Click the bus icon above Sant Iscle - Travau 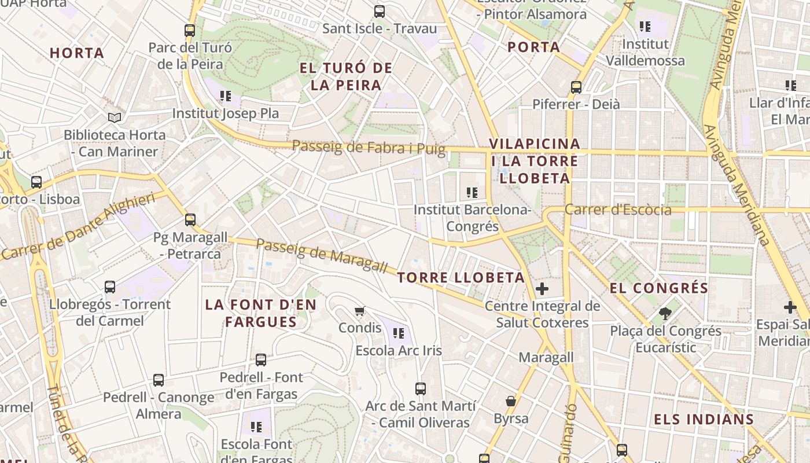[x=380, y=11]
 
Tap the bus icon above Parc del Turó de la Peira [x=190, y=31]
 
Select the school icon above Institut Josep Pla [x=226, y=96]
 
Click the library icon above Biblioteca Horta [x=115, y=117]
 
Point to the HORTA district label [x=77, y=53]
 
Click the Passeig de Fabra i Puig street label [x=369, y=148]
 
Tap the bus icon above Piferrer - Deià [x=576, y=87]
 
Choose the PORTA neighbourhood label [x=533, y=47]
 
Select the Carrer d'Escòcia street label [x=618, y=210]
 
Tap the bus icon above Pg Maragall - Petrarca [x=190, y=220]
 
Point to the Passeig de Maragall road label [x=322, y=255]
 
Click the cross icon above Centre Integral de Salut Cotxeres [x=542, y=288]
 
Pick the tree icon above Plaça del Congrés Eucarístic [x=665, y=314]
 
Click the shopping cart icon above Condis [x=360, y=311]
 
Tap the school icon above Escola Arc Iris [x=398, y=333]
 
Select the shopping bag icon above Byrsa [x=511, y=401]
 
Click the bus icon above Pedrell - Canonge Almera [x=159, y=380]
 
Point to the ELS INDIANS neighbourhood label [x=704, y=420]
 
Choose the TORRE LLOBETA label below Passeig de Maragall [x=461, y=278]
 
